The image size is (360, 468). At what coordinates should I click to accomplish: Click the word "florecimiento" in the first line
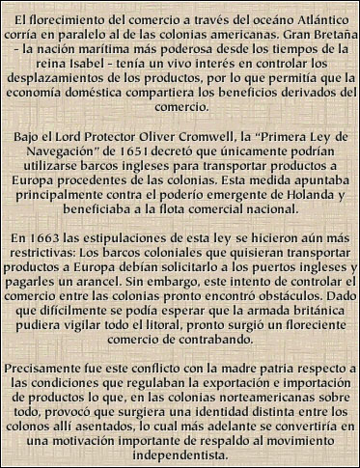tap(58, 13)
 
